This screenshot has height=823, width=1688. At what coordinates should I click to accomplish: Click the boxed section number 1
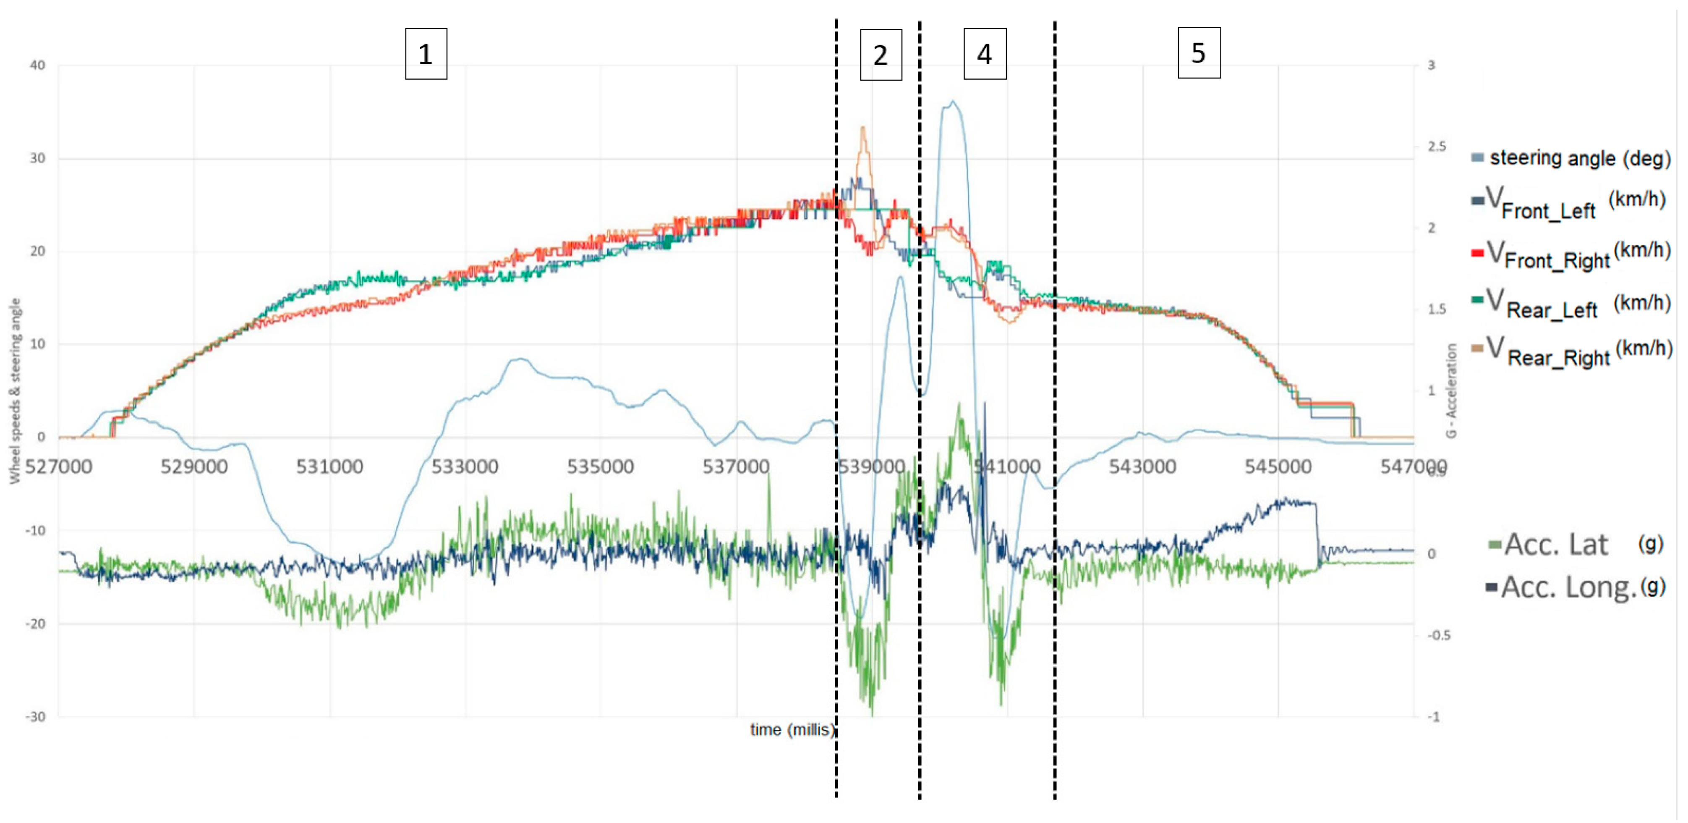(426, 54)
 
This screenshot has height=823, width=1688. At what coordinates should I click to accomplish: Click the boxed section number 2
(880, 55)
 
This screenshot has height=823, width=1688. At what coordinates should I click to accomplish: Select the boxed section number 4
(984, 54)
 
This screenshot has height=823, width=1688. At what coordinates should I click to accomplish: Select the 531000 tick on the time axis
(329, 467)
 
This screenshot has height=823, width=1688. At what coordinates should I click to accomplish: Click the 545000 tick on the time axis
(1278, 467)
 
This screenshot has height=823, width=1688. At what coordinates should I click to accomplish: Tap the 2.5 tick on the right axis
(1436, 146)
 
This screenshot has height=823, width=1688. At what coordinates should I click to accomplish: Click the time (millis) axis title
(792, 730)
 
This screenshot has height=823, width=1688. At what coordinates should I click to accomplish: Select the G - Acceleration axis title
(1451, 391)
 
